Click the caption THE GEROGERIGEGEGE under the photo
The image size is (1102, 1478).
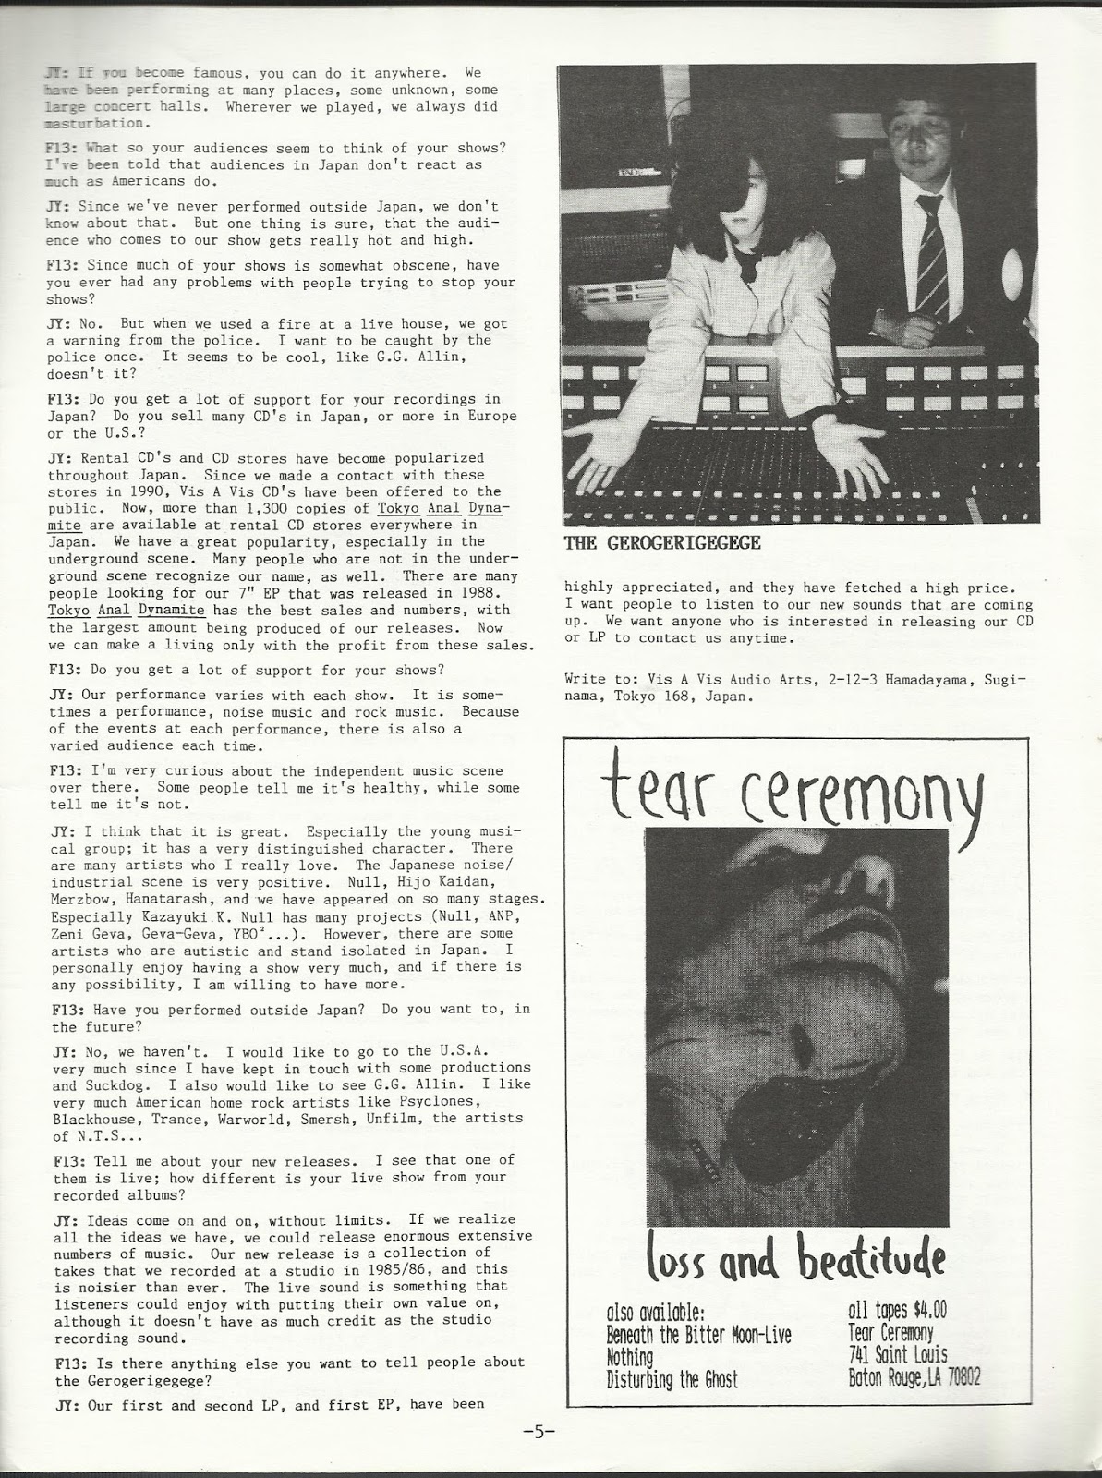click(x=662, y=543)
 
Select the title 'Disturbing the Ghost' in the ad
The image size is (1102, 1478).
click(x=672, y=1379)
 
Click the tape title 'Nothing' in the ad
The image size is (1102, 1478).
click(x=629, y=1357)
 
